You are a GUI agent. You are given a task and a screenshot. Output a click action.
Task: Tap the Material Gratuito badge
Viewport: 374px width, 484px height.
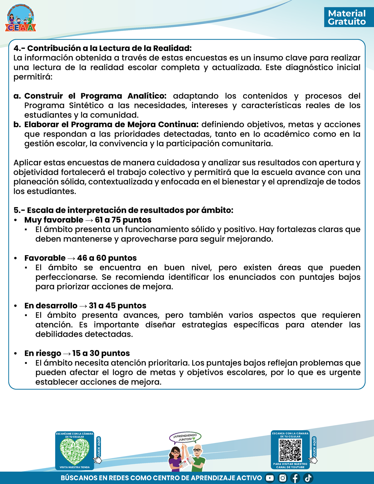[x=347, y=17]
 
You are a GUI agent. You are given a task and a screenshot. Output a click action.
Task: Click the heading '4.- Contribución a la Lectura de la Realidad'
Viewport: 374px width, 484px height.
[x=103, y=48]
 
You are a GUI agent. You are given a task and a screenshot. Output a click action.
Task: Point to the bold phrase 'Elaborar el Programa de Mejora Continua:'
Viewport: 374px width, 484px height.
[x=111, y=124]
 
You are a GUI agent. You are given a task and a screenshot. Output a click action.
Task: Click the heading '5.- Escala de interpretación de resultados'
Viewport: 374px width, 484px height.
[x=123, y=210]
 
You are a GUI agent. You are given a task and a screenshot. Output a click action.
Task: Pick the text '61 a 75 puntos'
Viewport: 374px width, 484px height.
[x=123, y=220]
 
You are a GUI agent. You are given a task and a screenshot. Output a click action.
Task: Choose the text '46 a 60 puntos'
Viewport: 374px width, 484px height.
[x=107, y=258]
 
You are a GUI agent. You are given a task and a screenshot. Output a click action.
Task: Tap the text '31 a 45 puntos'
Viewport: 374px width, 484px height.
[x=118, y=306]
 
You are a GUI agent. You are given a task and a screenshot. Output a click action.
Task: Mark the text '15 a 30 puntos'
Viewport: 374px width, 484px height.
[x=101, y=353]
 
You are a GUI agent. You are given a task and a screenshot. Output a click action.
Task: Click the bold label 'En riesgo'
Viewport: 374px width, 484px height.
[x=43, y=353]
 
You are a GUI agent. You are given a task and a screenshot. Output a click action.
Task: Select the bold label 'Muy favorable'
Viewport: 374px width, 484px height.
[x=54, y=220]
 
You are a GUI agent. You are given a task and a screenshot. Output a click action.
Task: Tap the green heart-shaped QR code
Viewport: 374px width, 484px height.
[x=75, y=452]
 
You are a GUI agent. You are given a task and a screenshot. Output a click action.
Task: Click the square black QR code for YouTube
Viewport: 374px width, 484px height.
[x=290, y=450]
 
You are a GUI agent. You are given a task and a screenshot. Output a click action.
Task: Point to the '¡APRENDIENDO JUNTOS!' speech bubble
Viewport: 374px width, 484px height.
[x=185, y=437]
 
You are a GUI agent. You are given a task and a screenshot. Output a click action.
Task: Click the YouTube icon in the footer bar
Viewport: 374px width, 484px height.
[x=270, y=478]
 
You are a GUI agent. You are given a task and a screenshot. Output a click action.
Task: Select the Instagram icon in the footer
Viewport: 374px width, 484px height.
[x=283, y=478]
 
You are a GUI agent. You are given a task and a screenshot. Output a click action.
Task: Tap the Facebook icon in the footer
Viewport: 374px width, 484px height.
[x=295, y=478]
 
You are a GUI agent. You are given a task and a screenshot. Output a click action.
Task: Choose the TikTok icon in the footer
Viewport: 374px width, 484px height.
[x=308, y=478]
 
